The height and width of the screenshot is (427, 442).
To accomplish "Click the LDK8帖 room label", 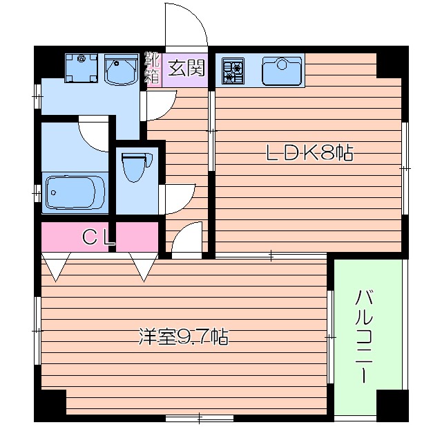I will coord(309,154).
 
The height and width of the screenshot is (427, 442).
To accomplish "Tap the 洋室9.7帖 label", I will coord(183,338).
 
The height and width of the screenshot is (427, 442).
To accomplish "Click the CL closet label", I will coord(98,237).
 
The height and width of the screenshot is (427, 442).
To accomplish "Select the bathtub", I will coord(75,192).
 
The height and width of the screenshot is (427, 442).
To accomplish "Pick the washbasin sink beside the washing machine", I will coord(121,69).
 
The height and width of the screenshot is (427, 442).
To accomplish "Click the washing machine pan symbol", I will coord(82,67).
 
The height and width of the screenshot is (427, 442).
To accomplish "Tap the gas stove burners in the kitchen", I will coord(233,70).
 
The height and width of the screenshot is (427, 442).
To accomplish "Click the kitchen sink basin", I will coord(282,70).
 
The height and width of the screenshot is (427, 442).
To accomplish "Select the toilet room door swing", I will coord(178,197).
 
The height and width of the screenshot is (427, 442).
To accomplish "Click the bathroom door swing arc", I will coord(95,134).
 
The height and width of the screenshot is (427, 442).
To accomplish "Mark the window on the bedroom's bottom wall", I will coord(200,417).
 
